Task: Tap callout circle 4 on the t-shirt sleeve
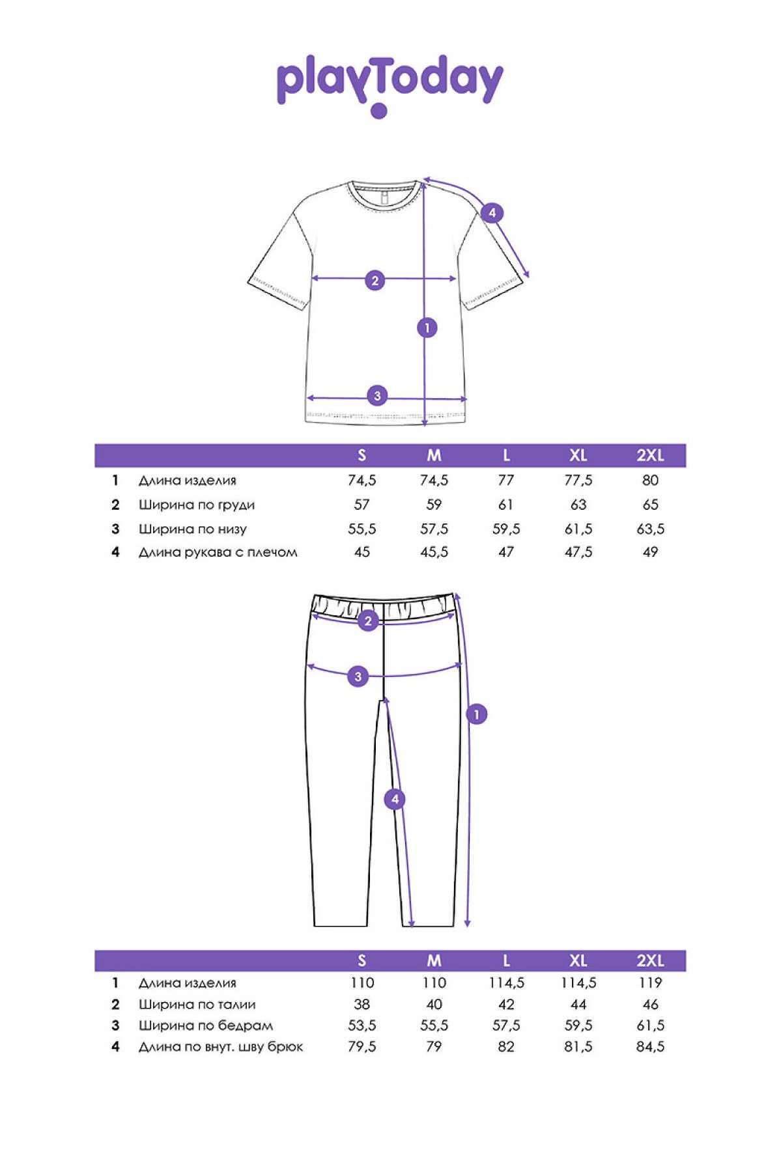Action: [x=492, y=213]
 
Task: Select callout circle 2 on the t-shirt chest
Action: [x=375, y=281]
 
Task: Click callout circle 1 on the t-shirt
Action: [x=427, y=328]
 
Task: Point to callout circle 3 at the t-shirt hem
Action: [x=377, y=395]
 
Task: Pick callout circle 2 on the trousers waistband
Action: [x=368, y=621]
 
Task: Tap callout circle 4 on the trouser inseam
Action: [x=395, y=799]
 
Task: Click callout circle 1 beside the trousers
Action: [x=477, y=714]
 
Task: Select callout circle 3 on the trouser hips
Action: [x=358, y=677]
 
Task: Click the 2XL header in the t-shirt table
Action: [x=650, y=455]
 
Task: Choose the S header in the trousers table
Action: [x=362, y=960]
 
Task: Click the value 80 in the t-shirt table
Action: [x=650, y=481]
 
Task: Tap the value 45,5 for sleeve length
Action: [x=434, y=552]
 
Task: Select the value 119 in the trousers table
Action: [x=650, y=983]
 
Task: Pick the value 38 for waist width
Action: [x=362, y=1004]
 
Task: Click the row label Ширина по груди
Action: [x=196, y=505]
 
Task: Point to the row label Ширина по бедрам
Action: [x=205, y=1025]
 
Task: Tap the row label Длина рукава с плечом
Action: [x=218, y=552]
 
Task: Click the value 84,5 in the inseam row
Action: [x=650, y=1046]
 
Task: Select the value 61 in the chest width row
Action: [x=505, y=505]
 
